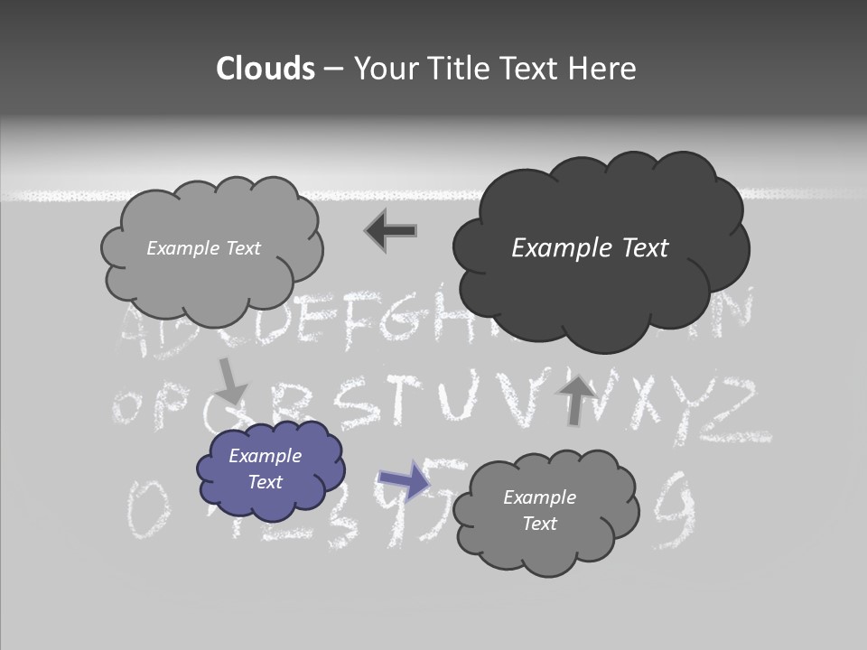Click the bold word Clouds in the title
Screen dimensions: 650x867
(x=266, y=69)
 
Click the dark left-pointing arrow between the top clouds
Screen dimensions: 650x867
(x=390, y=231)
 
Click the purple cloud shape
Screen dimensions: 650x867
(x=270, y=470)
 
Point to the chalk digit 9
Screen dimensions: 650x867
(x=676, y=511)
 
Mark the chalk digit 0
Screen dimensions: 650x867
(x=142, y=509)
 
